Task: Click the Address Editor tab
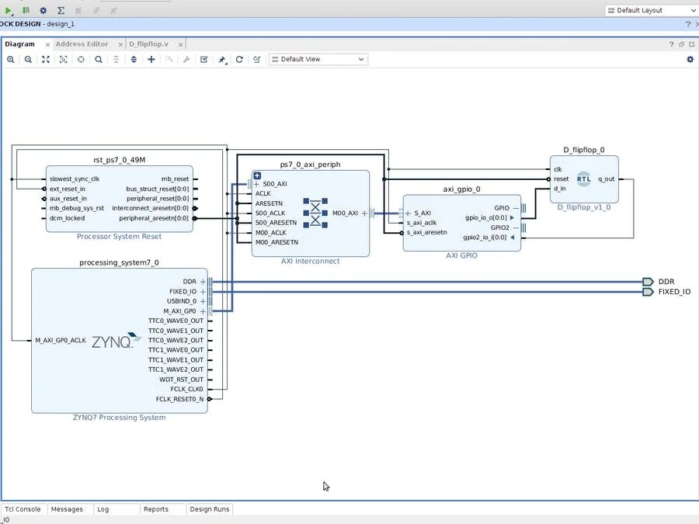point(82,44)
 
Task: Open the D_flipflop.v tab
point(154,44)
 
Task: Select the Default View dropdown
point(318,59)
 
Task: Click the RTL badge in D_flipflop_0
point(583,179)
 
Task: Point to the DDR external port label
point(666,282)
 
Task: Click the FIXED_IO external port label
point(674,292)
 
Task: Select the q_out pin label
point(606,179)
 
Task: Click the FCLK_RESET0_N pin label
point(179,399)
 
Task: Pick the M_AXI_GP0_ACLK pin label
point(61,340)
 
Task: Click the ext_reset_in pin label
point(68,189)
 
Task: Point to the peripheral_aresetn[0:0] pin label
point(154,218)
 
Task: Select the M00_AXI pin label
point(345,213)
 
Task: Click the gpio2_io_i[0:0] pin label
point(485,238)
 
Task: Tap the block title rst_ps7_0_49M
point(120,160)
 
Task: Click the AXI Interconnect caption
point(310,261)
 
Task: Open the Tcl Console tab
point(23,509)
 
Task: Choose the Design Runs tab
point(210,509)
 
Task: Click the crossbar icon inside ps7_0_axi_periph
point(315,213)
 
